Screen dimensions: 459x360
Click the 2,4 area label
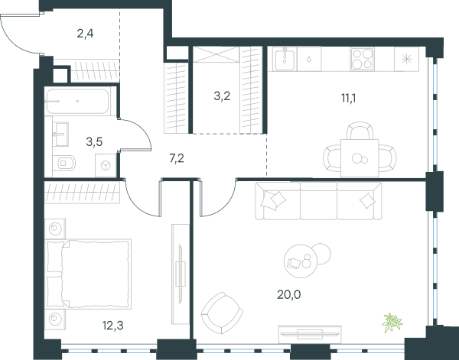pyautogui.click(x=85, y=34)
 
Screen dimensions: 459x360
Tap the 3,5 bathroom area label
pyautogui.click(x=94, y=142)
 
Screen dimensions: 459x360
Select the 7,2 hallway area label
pyautogui.click(x=177, y=158)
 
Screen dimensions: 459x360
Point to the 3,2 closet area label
pyautogui.click(x=222, y=96)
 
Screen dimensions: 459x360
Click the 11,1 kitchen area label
pyautogui.click(x=348, y=99)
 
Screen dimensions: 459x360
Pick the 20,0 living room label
pyautogui.click(x=289, y=295)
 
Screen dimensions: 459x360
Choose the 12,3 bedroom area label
pyautogui.click(x=113, y=325)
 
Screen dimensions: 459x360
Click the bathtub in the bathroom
pyautogui.click(x=77, y=101)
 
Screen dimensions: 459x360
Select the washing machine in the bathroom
pyautogui.click(x=106, y=166)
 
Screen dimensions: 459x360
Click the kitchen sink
pyautogui.click(x=285, y=59)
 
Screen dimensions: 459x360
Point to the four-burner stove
pyautogui.click(x=363, y=59)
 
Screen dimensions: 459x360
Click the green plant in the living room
pyautogui.click(x=392, y=322)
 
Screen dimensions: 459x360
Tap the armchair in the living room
pyautogui.click(x=222, y=313)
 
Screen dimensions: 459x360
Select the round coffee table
pyautogui.click(x=301, y=261)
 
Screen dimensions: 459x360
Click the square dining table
pyautogui.click(x=360, y=158)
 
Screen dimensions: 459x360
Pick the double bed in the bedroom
pyautogui.click(x=88, y=274)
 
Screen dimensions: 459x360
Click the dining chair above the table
pyautogui.click(x=360, y=131)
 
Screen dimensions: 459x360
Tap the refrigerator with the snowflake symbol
pyautogui.click(x=406, y=60)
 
